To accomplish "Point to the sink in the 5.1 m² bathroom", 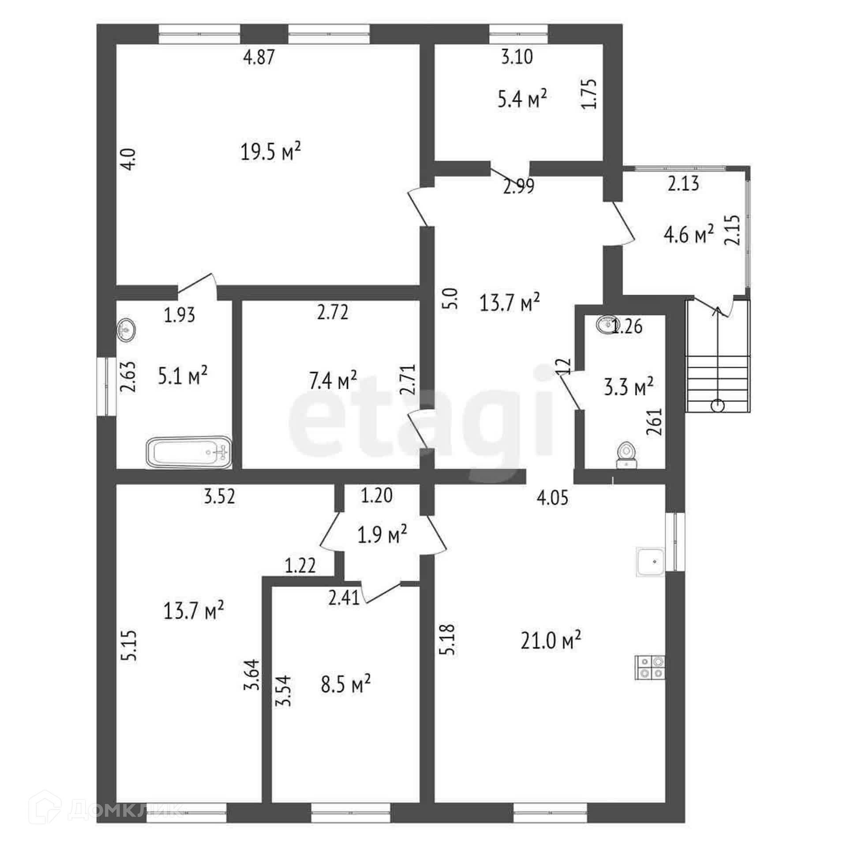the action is tap(126, 329).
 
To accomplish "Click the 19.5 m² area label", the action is tap(271, 152).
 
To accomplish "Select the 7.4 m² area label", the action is tap(333, 381).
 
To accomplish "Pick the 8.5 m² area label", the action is tap(345, 684).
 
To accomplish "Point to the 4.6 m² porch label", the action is tap(689, 235).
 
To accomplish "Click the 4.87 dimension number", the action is tap(259, 57).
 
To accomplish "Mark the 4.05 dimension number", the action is tap(552, 498).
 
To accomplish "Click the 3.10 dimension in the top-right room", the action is tap(517, 57).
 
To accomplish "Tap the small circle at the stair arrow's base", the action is tap(718, 404).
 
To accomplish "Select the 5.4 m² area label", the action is tap(522, 100).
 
